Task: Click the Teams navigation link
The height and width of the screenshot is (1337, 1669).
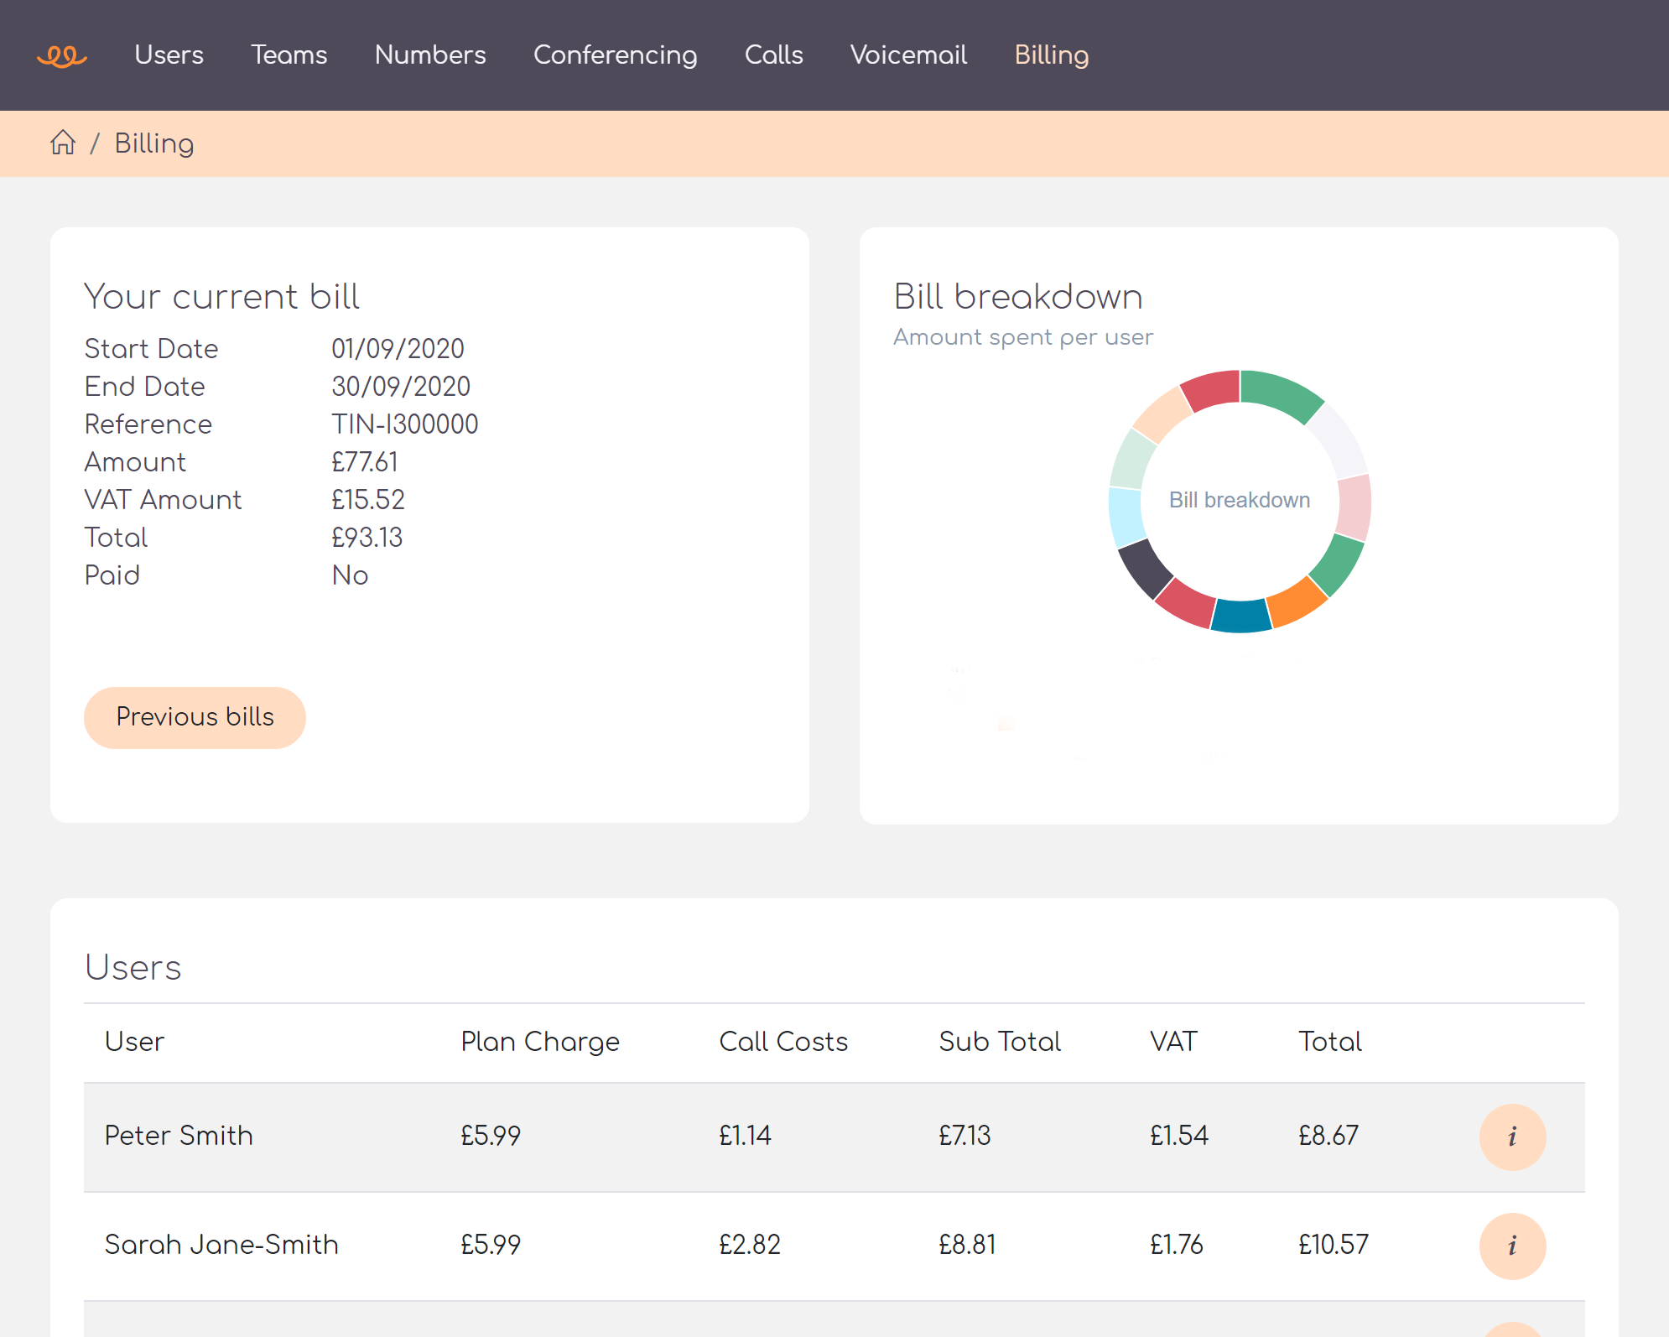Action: [289, 55]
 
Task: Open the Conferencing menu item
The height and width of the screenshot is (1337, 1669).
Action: [615, 55]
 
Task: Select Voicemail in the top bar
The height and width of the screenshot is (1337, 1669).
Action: [908, 55]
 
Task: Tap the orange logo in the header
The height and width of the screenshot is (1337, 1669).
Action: [62, 56]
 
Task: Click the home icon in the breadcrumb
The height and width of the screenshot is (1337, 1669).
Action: [63, 143]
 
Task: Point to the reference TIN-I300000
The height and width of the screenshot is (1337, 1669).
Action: [404, 424]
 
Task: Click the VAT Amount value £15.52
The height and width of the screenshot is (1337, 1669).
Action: [367, 500]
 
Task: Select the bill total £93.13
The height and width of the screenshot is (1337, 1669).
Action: [367, 538]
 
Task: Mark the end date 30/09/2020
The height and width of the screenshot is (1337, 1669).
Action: [400, 387]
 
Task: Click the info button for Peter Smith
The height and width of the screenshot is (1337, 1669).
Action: [1512, 1137]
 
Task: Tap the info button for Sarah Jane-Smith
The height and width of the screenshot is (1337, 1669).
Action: [1512, 1246]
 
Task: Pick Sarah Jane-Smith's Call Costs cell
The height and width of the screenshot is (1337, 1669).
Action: [749, 1245]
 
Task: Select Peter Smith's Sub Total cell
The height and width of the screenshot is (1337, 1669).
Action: [964, 1136]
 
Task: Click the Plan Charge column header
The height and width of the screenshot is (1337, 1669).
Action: [539, 1042]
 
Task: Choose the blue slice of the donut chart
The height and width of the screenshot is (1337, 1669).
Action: [1241, 616]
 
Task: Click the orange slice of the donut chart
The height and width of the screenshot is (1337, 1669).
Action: [1296, 601]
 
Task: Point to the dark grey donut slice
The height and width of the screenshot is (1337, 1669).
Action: [1145, 568]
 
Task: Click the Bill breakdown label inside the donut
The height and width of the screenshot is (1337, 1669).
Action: [1239, 500]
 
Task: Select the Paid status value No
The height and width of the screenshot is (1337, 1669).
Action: [350, 575]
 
